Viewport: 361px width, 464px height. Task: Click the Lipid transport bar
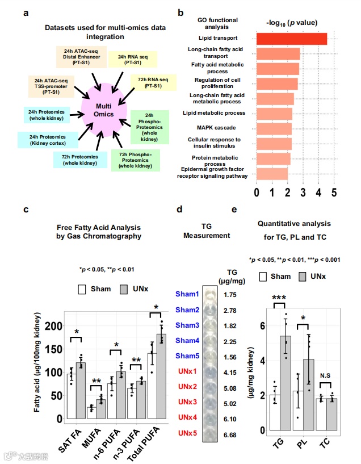pos(292,39)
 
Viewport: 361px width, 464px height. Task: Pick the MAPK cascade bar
pos(275,128)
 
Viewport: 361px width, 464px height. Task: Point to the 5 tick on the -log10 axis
pos(334,193)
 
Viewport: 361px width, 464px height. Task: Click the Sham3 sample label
pos(187,325)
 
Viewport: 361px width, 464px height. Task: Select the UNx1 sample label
pos(187,372)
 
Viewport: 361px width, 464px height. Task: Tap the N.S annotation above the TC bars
pos(325,375)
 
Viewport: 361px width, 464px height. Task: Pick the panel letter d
pos(179,209)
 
